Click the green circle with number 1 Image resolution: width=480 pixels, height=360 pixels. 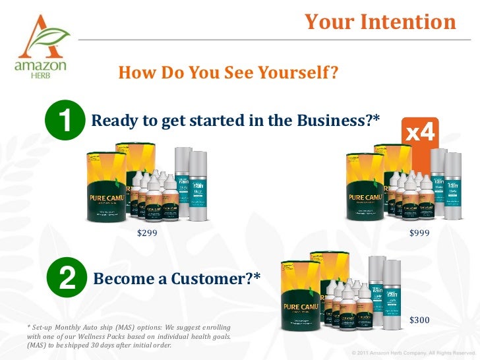pyautogui.click(x=65, y=121)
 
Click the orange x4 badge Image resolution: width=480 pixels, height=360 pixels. pyautogui.click(x=420, y=134)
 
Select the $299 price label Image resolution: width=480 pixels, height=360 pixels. pyautogui.click(x=147, y=233)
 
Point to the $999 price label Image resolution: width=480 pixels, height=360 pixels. pyautogui.click(x=419, y=233)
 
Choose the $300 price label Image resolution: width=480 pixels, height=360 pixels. pyautogui.click(x=419, y=320)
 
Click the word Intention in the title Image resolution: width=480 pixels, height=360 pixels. pyautogui.click(x=408, y=22)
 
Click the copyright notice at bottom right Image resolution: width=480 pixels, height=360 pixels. pyautogui.click(x=413, y=352)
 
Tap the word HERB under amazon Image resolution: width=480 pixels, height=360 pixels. pyautogui.click(x=40, y=75)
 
